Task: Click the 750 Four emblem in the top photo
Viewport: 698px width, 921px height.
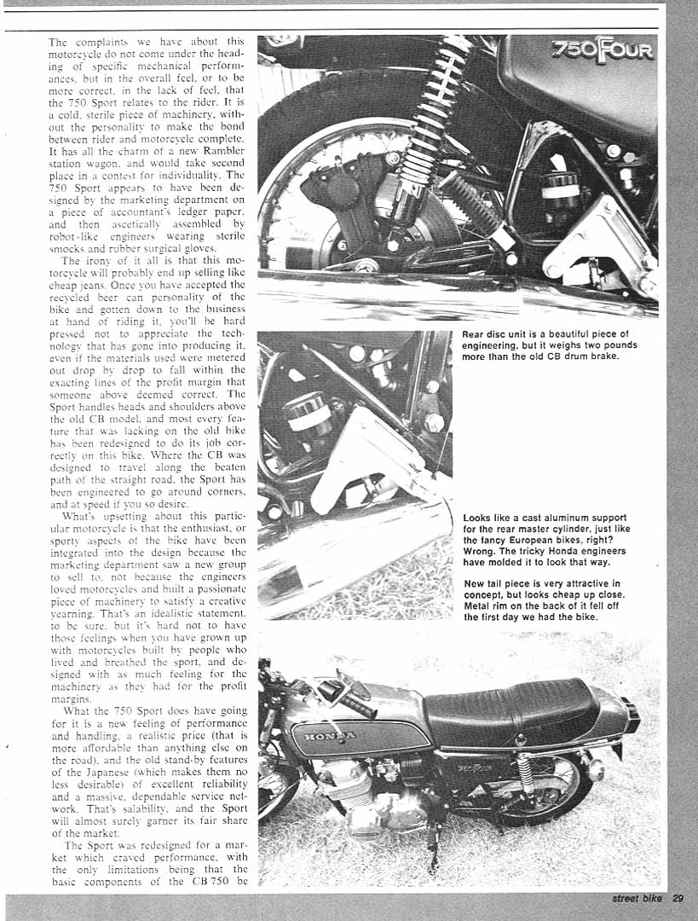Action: pos(603,51)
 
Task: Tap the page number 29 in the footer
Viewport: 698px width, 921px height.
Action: pos(678,897)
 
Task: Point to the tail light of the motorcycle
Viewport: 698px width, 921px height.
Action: pos(631,715)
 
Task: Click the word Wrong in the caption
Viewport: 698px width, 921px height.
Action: pos(480,552)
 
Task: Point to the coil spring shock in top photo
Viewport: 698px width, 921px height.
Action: pos(435,119)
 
